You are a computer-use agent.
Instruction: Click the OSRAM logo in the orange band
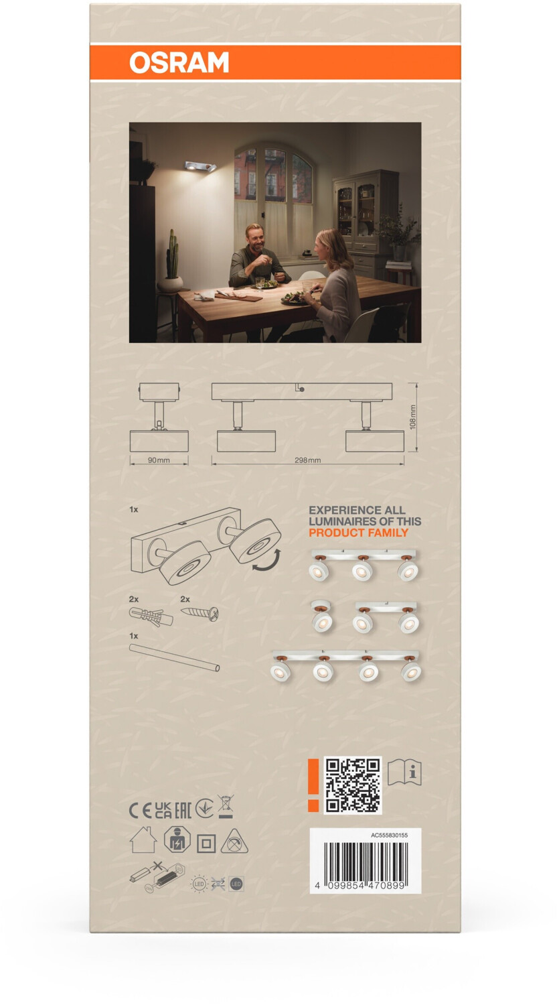pyautogui.click(x=179, y=62)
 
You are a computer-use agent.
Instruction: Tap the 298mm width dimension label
pyautogui.click(x=308, y=460)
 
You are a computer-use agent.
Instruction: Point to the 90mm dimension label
pyautogui.click(x=159, y=460)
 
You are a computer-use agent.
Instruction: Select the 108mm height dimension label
pyautogui.click(x=412, y=417)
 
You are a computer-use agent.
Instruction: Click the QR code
pyautogui.click(x=353, y=785)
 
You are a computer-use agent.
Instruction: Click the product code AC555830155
pyautogui.click(x=389, y=835)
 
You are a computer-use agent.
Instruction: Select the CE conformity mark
pyautogui.click(x=141, y=810)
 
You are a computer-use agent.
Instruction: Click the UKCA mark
pyautogui.click(x=163, y=810)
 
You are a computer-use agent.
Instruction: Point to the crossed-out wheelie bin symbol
pyautogui.click(x=225, y=807)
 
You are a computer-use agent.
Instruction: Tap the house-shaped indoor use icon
pyautogui.click(x=143, y=840)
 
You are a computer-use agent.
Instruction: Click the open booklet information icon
pyautogui.click(x=404, y=773)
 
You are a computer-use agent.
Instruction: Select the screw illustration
pyautogui.click(x=200, y=612)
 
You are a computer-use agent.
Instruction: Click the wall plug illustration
pyautogui.click(x=151, y=616)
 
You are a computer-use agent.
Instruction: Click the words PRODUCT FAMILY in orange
pyautogui.click(x=358, y=533)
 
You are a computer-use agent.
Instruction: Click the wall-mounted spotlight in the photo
pyautogui.click(x=200, y=166)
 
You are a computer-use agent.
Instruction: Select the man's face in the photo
pyautogui.click(x=255, y=237)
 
